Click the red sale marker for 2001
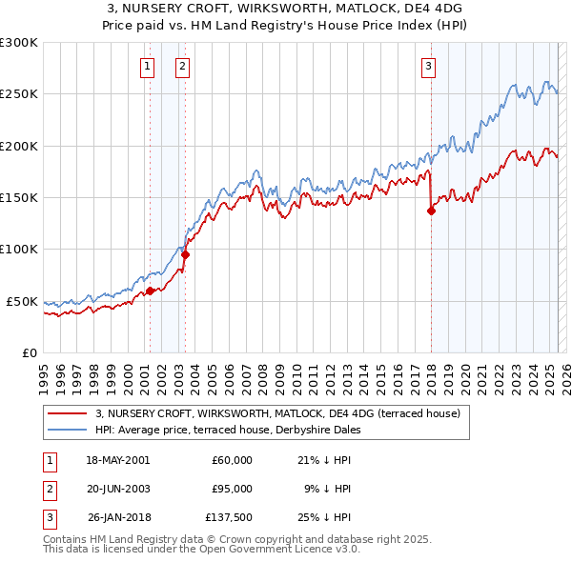[150, 291]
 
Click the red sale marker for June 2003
[185, 254]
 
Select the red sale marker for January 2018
[431, 211]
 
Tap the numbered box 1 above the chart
[149, 66]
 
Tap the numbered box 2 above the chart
[181, 66]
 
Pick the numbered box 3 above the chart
[429, 66]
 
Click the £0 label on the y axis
[29, 352]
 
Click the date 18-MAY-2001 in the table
[117, 460]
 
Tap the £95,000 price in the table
[232, 489]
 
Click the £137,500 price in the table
[229, 517]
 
